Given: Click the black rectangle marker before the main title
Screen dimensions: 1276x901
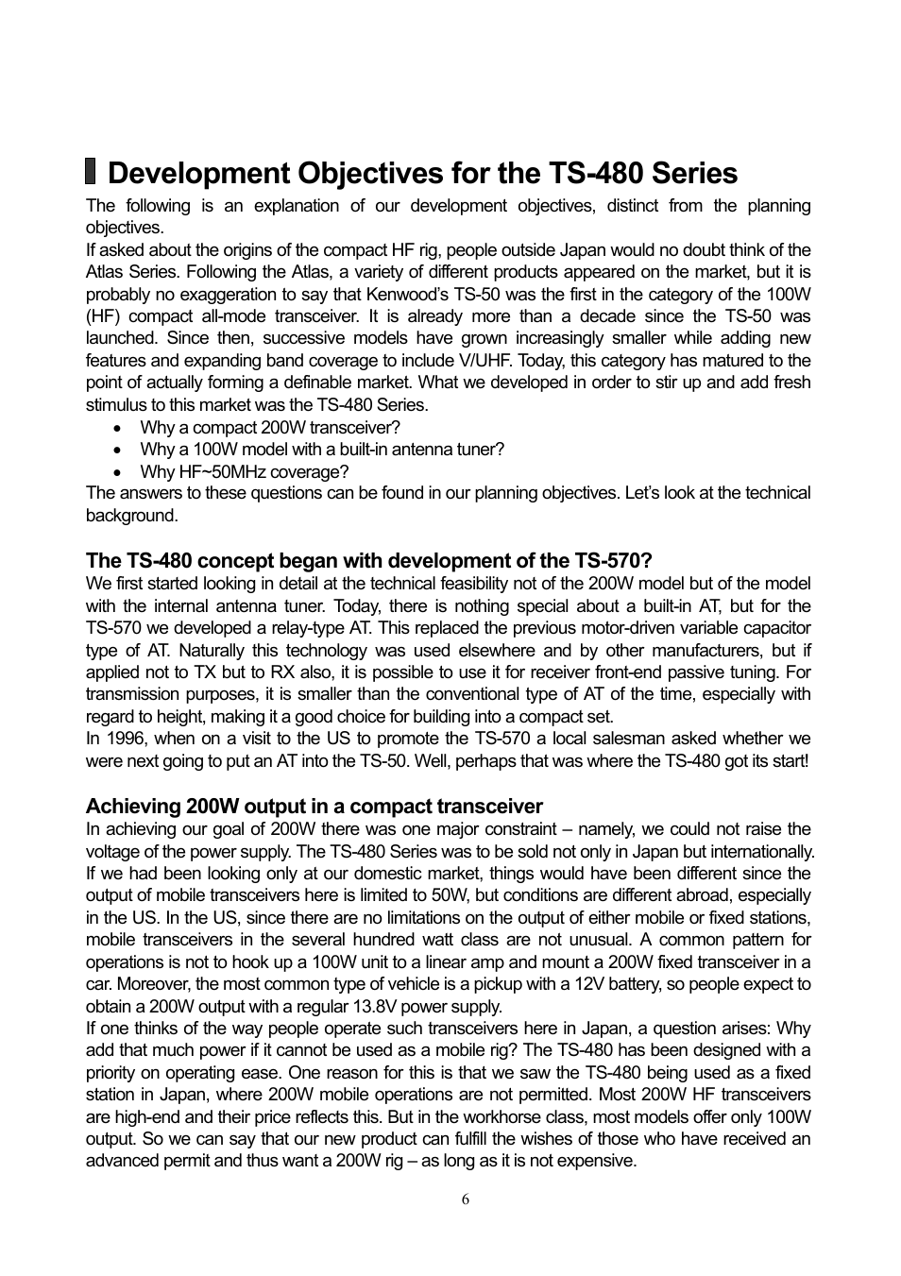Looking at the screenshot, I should tap(91, 172).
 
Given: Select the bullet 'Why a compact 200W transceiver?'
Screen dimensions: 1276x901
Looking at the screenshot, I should tap(270, 427).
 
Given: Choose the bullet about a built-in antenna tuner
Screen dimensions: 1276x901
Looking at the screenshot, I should tap(322, 450).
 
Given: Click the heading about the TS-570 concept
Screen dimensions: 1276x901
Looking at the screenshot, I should tap(368, 561).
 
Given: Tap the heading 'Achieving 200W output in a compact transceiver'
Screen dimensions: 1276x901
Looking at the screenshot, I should tap(314, 807).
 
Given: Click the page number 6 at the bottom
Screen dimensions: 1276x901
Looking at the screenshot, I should tap(465, 1199).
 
